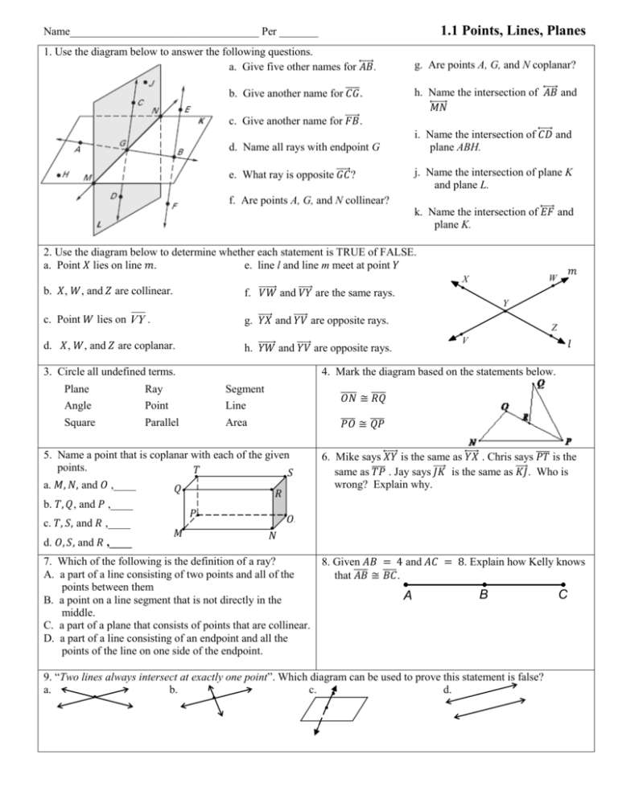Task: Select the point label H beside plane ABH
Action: (53, 174)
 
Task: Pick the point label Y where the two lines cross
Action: (505, 303)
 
